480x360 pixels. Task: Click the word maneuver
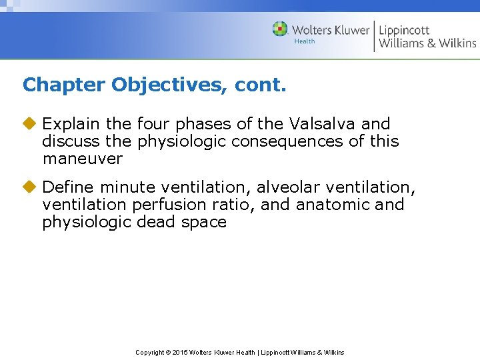click(82, 159)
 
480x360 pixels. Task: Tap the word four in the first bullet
click(153, 124)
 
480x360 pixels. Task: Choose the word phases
click(199, 124)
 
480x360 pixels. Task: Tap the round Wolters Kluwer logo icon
click(280, 29)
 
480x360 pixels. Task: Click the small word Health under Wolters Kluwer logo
click(305, 41)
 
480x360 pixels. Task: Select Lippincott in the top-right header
click(404, 29)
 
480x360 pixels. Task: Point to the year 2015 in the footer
click(181, 352)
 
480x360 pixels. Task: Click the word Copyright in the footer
click(149, 352)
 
